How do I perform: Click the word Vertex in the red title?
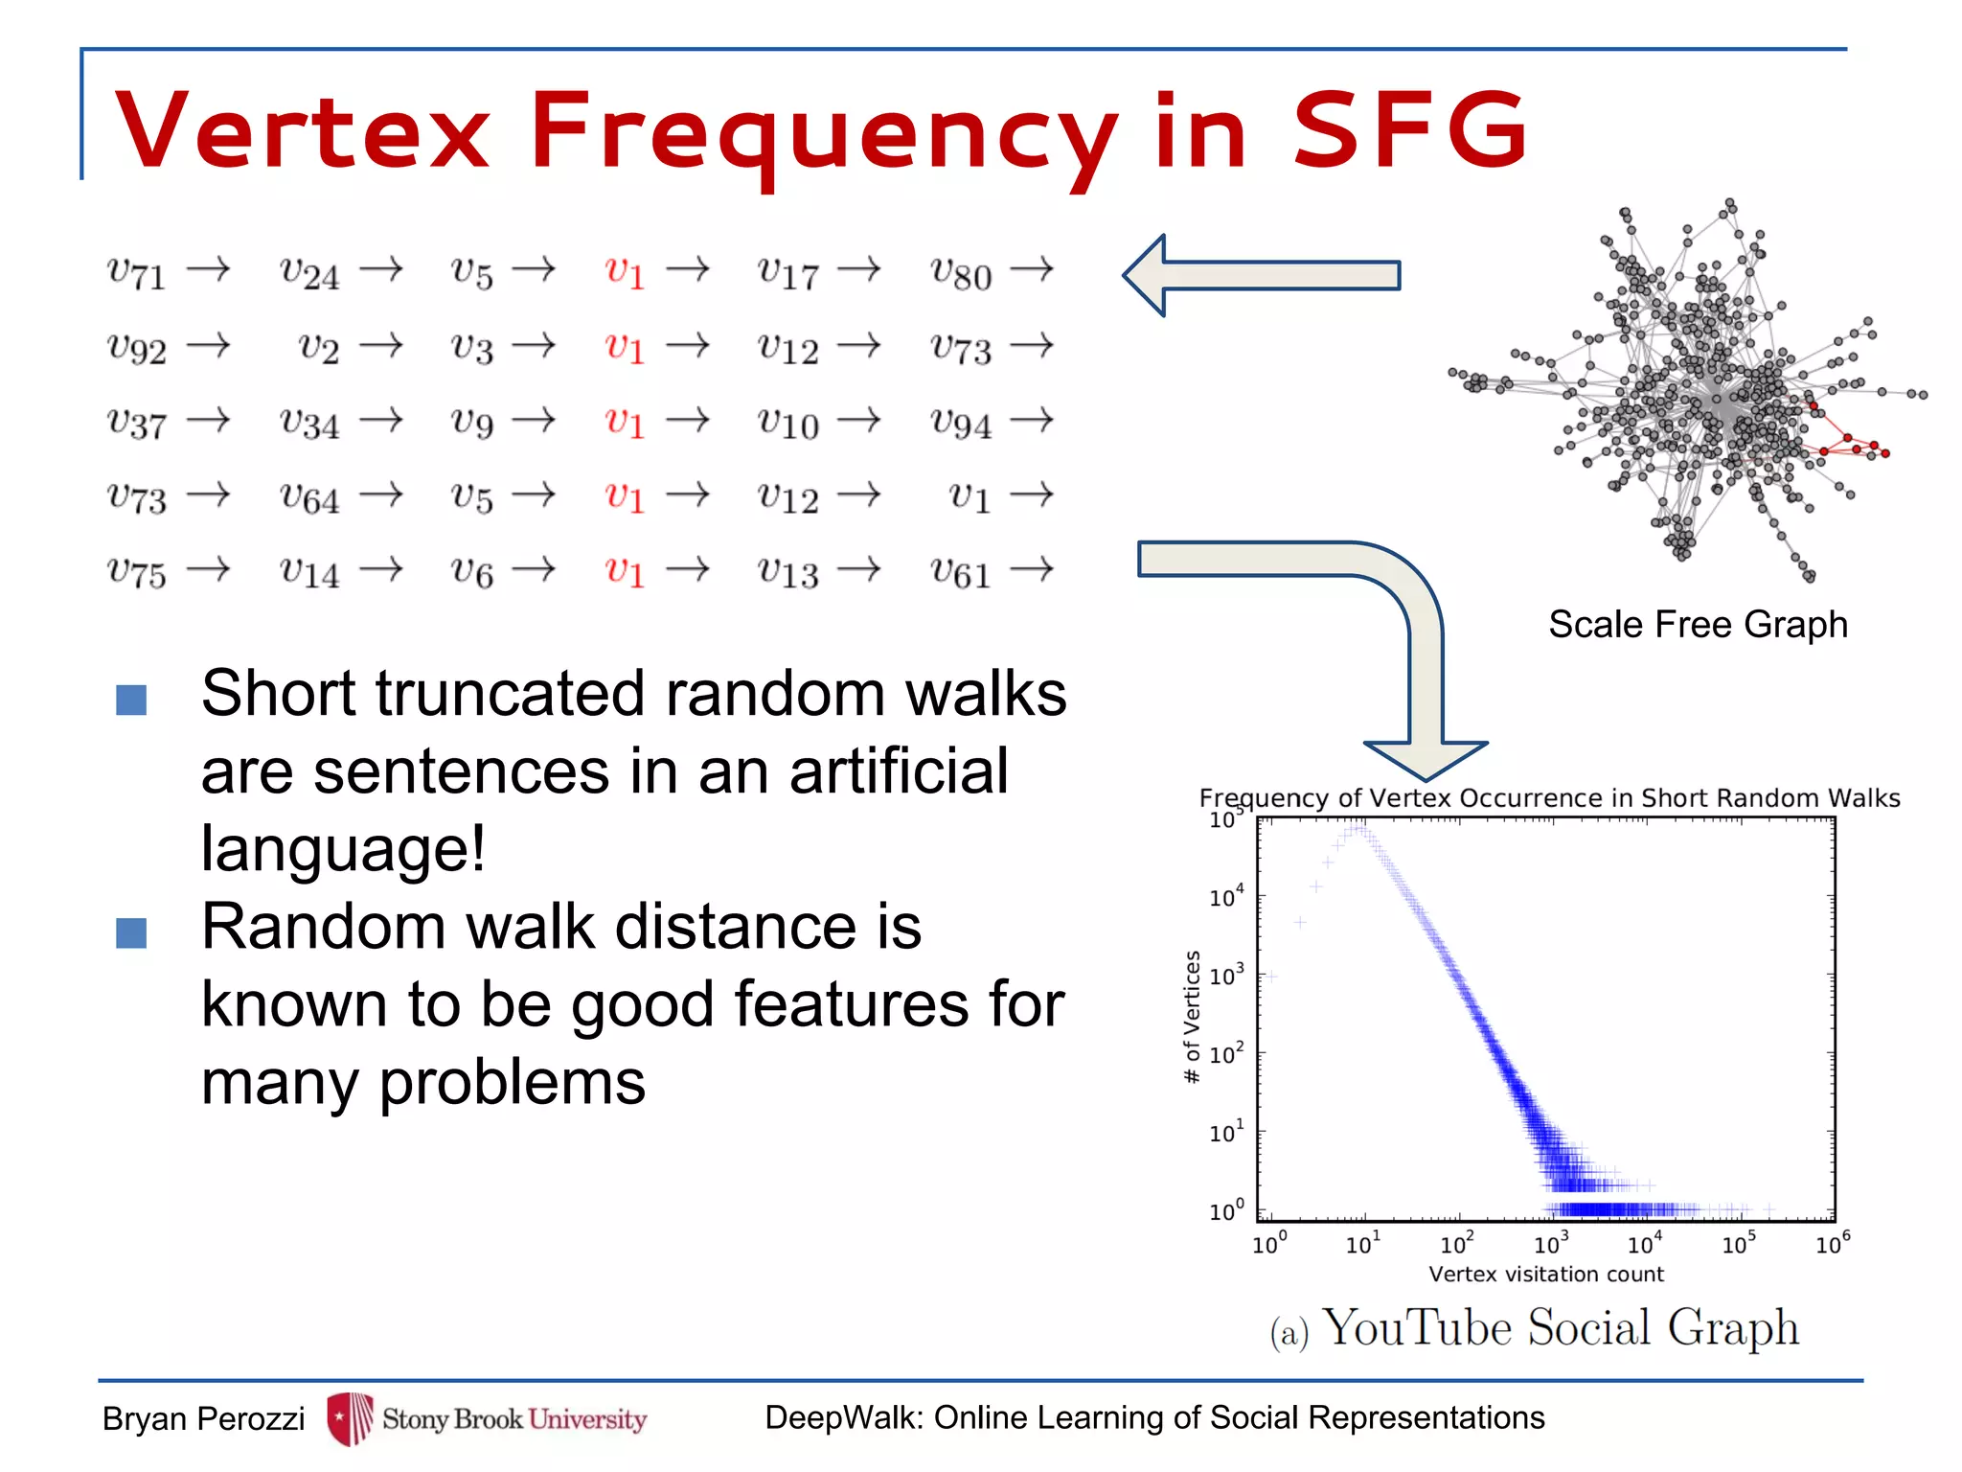coord(303,130)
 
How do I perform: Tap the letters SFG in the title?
coord(1409,130)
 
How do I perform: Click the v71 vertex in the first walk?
coord(137,273)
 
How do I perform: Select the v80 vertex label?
coord(961,273)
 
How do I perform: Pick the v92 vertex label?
coord(137,348)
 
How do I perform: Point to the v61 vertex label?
coord(961,572)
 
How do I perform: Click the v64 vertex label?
coord(309,497)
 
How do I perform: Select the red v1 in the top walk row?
coord(625,273)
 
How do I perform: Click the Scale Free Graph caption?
coord(1698,625)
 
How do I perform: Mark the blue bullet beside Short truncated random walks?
coord(131,700)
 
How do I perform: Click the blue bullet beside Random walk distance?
coord(131,932)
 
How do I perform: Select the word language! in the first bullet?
coord(343,849)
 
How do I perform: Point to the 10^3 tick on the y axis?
coord(1225,976)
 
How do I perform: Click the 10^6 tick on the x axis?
coord(1832,1244)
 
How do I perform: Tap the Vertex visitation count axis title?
coord(1545,1275)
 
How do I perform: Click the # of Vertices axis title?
coord(1192,1016)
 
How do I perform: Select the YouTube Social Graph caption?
coord(1560,1329)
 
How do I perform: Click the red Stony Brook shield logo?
coord(350,1417)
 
